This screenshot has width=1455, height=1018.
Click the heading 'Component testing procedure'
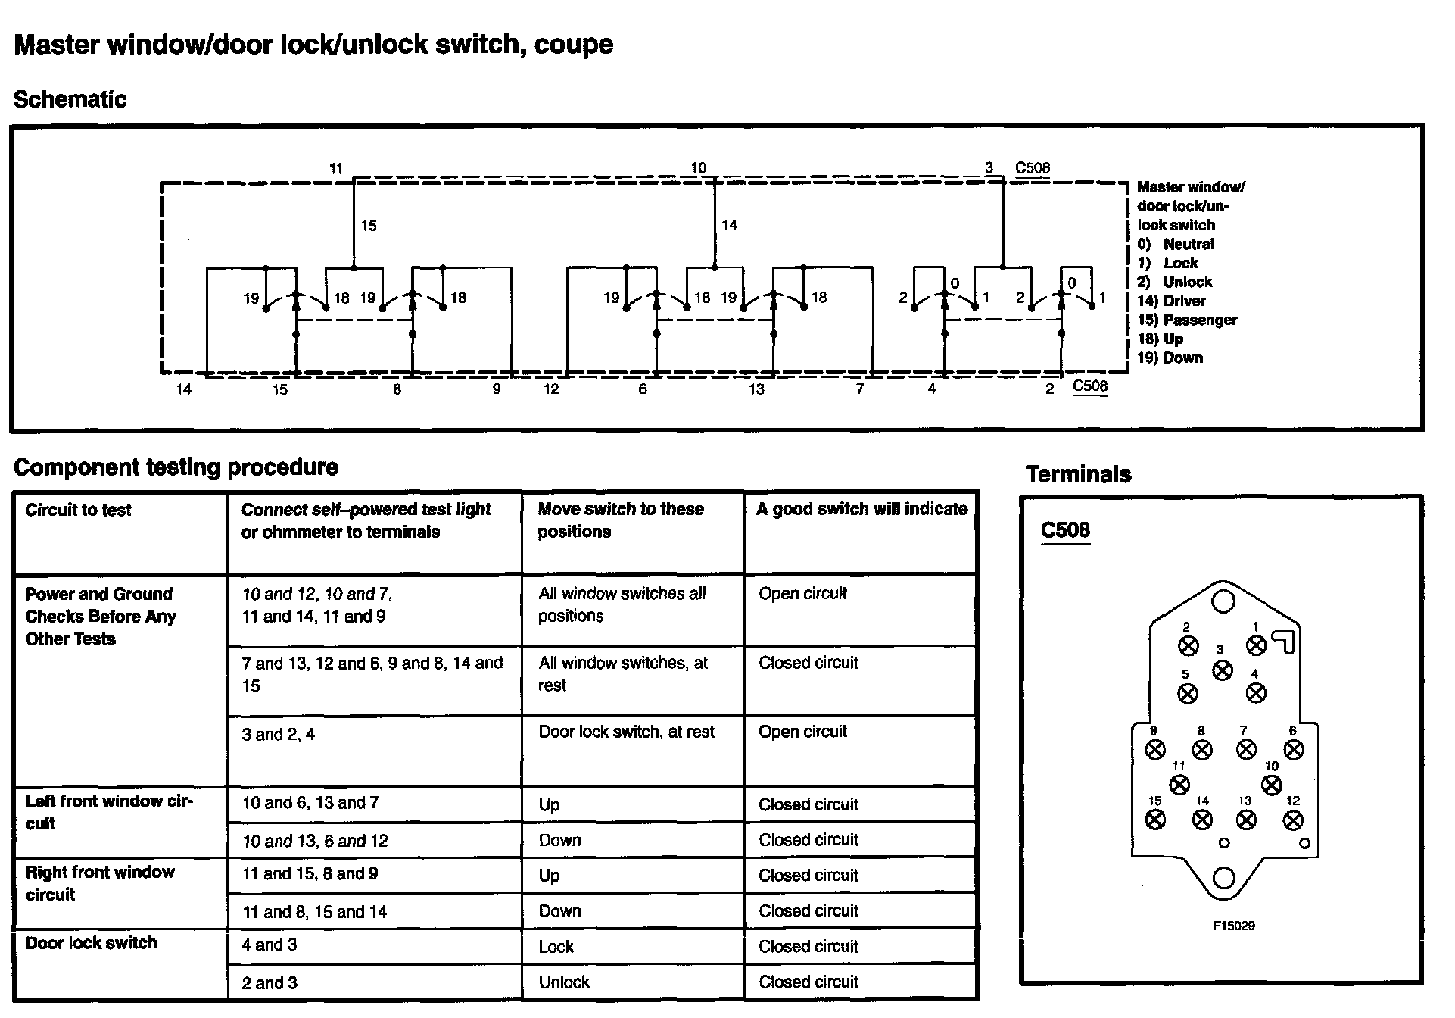pos(176,467)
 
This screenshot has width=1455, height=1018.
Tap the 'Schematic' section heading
pos(70,99)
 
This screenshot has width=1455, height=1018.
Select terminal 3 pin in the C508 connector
pos(1222,670)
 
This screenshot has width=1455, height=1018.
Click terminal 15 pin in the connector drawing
pos(1155,819)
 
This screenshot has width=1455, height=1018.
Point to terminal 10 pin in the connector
pos(1272,785)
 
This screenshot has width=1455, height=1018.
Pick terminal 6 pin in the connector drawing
pos(1295,749)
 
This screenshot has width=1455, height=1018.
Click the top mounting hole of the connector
pos(1223,601)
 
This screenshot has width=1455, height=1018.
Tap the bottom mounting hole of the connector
pos(1223,878)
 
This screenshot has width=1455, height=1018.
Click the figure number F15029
pos(1233,926)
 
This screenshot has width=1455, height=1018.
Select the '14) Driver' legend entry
pos(1171,301)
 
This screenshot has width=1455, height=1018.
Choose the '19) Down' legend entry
pos(1170,358)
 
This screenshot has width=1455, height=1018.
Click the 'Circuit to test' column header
pos(78,510)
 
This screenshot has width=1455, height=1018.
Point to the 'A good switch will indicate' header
pos(861,509)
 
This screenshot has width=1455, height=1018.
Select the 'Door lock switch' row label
pos(91,943)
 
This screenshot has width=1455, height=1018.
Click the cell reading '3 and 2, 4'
pos(278,734)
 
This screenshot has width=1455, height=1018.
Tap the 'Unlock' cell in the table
pos(564,982)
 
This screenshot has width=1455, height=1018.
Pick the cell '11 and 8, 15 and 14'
pos(314,912)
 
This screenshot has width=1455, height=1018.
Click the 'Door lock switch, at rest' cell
pos(626,732)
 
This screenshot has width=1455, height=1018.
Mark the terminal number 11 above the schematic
pos(336,169)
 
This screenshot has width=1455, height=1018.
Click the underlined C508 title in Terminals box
pos(1065,529)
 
